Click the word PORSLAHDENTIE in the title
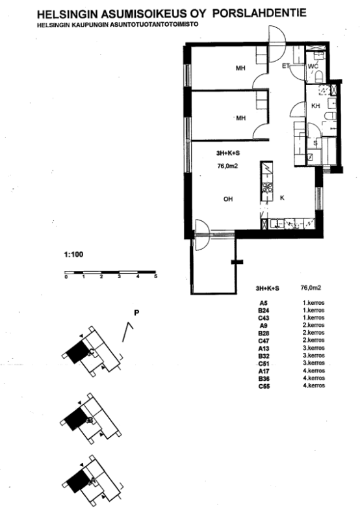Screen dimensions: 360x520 click(259, 13)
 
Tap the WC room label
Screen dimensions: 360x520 click(313, 66)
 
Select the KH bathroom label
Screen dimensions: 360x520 click(316, 106)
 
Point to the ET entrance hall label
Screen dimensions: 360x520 click(286, 66)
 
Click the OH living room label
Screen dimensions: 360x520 click(228, 199)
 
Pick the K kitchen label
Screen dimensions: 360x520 click(282, 198)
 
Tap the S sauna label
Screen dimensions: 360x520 click(315, 144)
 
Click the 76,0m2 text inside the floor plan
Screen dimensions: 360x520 click(227, 166)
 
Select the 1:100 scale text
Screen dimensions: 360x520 click(73, 255)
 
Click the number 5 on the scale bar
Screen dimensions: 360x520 click(155, 277)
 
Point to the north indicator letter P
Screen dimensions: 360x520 click(136, 313)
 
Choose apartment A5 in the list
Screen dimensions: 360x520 click(264, 303)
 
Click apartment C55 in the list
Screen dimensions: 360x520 click(264, 386)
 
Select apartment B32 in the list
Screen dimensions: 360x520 click(264, 356)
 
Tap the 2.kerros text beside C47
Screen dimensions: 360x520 click(314, 340)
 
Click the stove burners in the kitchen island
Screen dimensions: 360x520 click(267, 187)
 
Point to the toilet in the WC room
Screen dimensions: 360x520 click(319, 77)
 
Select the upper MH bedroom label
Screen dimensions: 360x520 click(240, 68)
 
